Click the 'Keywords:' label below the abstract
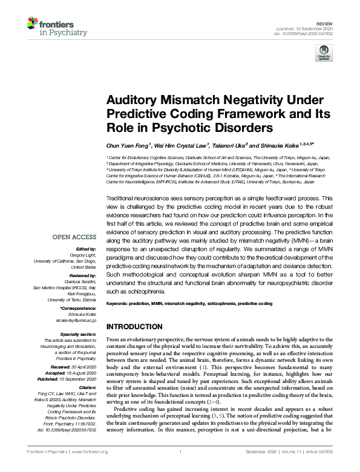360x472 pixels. [120, 301]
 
